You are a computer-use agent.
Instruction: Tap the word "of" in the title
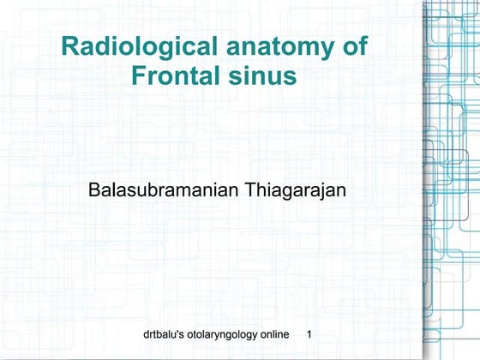353,47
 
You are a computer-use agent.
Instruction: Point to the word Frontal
172,76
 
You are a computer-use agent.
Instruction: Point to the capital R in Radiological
70,47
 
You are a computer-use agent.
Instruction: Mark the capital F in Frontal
138,76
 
